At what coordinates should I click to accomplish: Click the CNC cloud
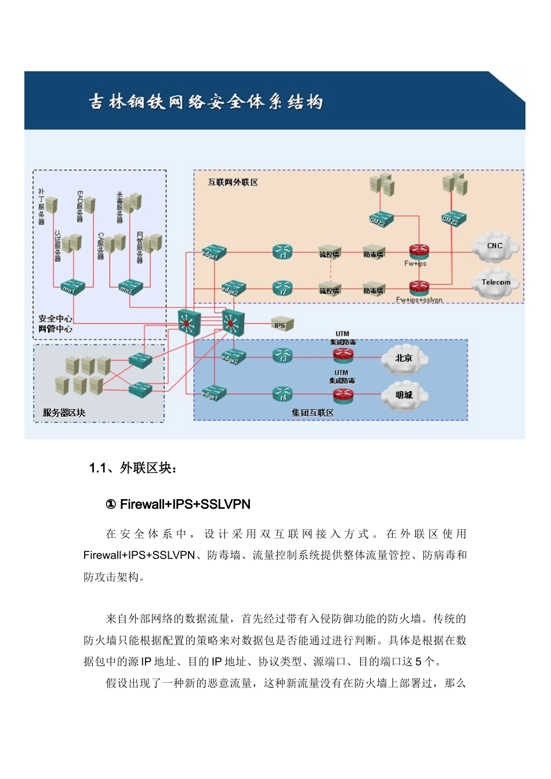click(x=495, y=246)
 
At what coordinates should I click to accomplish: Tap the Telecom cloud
click(x=495, y=282)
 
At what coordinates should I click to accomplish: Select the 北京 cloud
click(x=404, y=358)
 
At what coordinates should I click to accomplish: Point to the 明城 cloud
click(x=404, y=395)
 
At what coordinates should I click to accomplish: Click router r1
click(x=282, y=252)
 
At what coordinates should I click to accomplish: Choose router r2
click(x=282, y=288)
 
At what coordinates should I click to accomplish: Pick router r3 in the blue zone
click(x=282, y=355)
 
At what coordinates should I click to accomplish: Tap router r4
click(x=282, y=394)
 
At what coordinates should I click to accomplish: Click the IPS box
click(x=282, y=325)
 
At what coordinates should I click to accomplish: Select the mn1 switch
click(x=73, y=286)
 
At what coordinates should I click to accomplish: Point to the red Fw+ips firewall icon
click(x=419, y=252)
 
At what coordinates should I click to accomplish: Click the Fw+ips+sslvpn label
click(x=419, y=300)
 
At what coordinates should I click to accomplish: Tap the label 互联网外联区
click(x=233, y=182)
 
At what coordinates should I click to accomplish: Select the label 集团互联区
click(x=313, y=413)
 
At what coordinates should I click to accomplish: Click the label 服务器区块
click(x=64, y=413)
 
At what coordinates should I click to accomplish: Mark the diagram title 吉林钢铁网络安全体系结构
click(x=206, y=102)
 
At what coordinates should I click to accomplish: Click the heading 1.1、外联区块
click(x=133, y=468)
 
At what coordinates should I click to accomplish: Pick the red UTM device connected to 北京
click(x=343, y=356)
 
